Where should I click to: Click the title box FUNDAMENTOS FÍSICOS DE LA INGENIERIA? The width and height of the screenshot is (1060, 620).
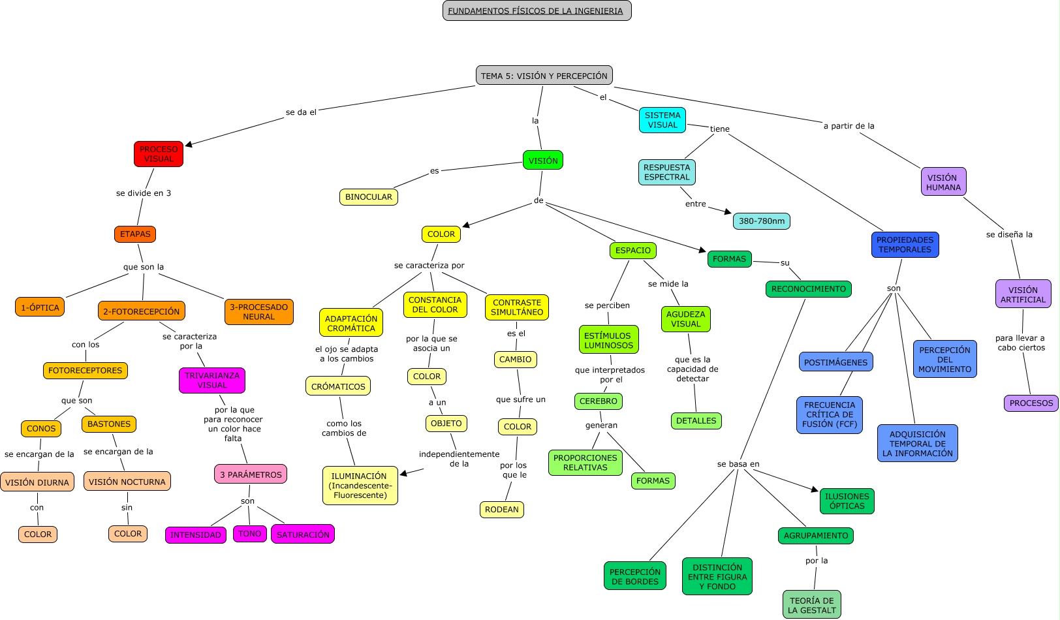[x=537, y=11]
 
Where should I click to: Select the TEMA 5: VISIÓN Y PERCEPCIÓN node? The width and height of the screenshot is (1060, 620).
[x=544, y=76]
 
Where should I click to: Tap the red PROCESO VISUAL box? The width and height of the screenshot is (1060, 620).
[x=159, y=154]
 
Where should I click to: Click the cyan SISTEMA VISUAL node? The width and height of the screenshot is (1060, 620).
[x=662, y=120]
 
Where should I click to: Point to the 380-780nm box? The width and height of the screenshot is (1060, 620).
[x=761, y=221]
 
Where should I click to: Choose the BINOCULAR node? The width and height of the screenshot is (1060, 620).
[x=369, y=197]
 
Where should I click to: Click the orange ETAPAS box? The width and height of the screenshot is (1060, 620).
[x=135, y=234]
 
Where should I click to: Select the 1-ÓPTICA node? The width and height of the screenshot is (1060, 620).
[x=40, y=307]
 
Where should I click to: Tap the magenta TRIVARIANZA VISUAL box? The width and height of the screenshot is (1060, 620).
[x=212, y=380]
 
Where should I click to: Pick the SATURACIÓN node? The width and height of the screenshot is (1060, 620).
[x=303, y=535]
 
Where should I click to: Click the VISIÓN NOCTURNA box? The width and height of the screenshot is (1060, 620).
[x=127, y=482]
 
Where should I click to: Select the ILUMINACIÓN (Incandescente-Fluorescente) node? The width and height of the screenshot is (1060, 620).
[x=360, y=486]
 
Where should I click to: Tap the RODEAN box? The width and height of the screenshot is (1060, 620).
[x=501, y=510]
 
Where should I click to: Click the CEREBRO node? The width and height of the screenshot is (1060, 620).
[x=599, y=401]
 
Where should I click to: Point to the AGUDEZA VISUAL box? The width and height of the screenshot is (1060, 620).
[x=685, y=319]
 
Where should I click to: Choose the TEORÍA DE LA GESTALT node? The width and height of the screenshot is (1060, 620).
[x=811, y=605]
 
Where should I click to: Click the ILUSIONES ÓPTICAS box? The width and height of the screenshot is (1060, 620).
[x=847, y=501]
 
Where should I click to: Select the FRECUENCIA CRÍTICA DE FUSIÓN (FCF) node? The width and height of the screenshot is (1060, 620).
[x=830, y=415]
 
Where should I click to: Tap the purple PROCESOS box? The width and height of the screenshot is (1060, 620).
[x=1031, y=403]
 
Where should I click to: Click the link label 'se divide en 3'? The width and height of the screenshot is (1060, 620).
[x=144, y=193]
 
